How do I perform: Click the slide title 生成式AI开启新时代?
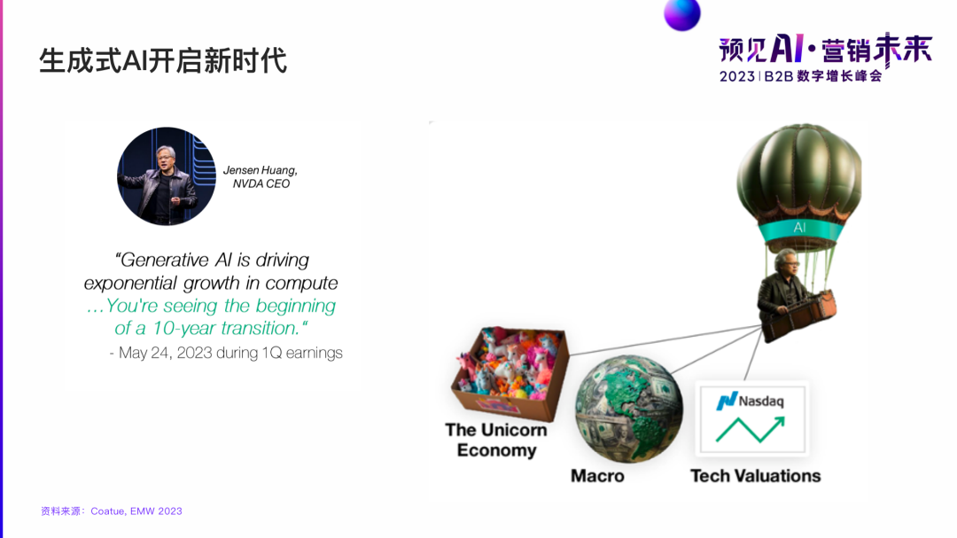pyautogui.click(x=162, y=60)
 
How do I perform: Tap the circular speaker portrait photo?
pyautogui.click(x=167, y=176)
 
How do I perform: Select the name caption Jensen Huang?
pyautogui.click(x=261, y=170)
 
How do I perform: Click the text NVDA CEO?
pyautogui.click(x=261, y=184)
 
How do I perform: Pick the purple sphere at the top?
pyautogui.click(x=682, y=13)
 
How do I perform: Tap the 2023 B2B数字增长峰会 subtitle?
pyautogui.click(x=801, y=76)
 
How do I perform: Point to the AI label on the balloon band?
pyautogui.click(x=799, y=228)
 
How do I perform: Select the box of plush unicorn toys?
pyautogui.click(x=510, y=370)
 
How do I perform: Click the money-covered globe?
pyautogui.click(x=628, y=409)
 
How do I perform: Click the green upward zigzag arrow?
pyautogui.click(x=751, y=429)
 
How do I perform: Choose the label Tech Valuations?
pyautogui.click(x=755, y=476)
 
